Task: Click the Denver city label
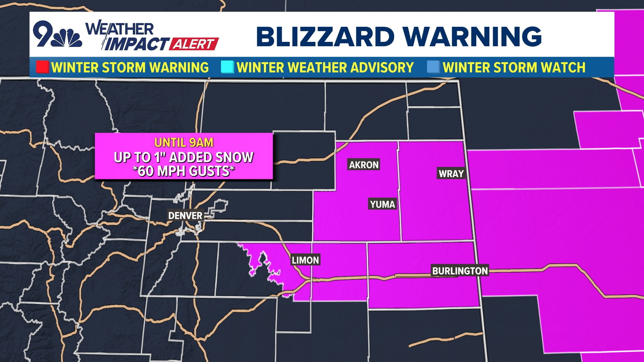(x=185, y=216)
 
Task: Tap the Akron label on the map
(x=364, y=165)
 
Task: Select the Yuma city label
(x=382, y=204)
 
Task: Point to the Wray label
(x=451, y=174)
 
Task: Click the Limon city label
(x=305, y=260)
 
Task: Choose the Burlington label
(x=460, y=271)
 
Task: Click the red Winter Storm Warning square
(x=43, y=67)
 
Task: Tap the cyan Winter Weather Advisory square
(x=227, y=67)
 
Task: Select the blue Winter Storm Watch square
(x=433, y=67)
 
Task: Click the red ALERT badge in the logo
(x=194, y=44)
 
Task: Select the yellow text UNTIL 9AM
(x=184, y=143)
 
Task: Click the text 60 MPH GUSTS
(x=184, y=171)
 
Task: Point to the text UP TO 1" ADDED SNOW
(x=184, y=157)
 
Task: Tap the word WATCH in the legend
(x=563, y=67)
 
